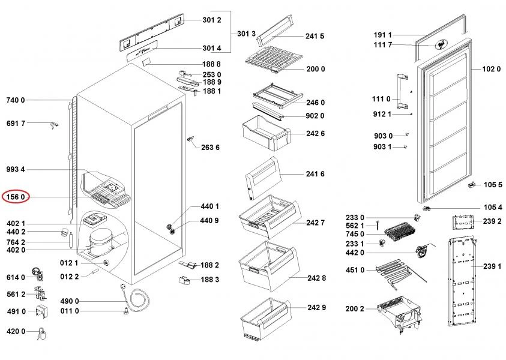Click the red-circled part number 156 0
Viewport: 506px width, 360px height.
coord(16,196)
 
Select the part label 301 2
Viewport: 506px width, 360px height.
coord(212,20)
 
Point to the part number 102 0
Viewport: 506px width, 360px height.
coord(491,69)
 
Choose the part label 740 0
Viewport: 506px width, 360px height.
coord(16,100)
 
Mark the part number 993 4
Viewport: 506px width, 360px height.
coord(16,170)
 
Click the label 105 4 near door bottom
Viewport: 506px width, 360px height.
coord(493,207)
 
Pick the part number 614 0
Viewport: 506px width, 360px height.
coord(16,277)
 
